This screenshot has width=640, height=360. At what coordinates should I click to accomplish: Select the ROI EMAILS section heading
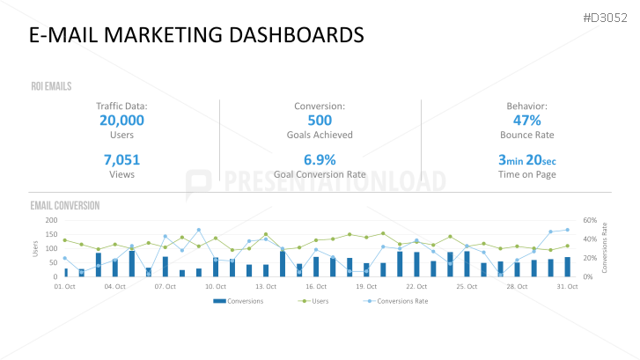(50, 86)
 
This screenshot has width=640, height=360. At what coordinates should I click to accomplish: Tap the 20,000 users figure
(121, 121)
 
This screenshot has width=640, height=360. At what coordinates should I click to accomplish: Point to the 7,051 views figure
(121, 159)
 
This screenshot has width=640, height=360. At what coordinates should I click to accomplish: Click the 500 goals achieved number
(320, 121)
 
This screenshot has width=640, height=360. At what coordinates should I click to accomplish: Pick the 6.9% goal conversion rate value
(320, 159)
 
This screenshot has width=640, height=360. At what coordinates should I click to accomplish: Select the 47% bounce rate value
(526, 121)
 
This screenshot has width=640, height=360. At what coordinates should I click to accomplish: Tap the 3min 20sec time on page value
(526, 159)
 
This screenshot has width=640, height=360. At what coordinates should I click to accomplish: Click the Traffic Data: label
(121, 106)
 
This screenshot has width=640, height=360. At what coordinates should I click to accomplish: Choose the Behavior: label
(526, 106)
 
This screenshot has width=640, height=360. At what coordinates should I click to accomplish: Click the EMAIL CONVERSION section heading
(64, 205)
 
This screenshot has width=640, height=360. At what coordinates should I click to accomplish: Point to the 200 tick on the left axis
(50, 220)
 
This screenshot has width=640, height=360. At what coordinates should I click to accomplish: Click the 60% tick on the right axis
(589, 220)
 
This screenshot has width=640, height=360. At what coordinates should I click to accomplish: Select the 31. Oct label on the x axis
(568, 286)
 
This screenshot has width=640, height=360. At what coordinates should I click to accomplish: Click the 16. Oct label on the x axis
(316, 286)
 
